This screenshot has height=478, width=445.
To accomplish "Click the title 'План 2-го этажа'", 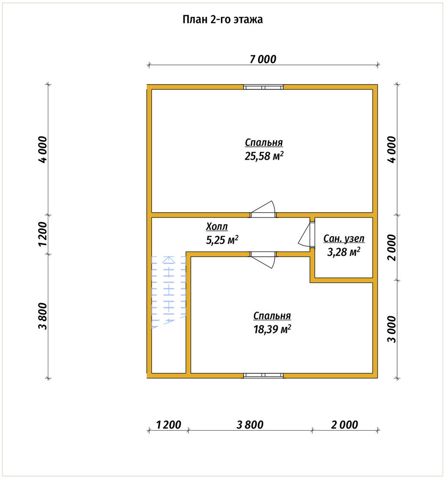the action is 223,20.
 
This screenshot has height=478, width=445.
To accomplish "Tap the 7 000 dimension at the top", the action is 263,59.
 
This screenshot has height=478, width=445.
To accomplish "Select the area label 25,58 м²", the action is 264,156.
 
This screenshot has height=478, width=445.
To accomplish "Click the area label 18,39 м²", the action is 272,329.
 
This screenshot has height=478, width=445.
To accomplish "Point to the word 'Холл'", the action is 217,227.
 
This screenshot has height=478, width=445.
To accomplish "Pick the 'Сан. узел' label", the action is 344,239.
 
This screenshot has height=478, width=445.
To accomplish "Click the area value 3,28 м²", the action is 344,252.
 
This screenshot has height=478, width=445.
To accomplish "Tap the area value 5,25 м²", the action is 222,240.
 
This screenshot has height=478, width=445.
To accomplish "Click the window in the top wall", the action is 263,87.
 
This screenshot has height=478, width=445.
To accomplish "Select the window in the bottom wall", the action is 263,376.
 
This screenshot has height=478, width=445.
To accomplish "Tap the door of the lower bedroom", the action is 263,260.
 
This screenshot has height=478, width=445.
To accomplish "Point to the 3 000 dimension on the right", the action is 392,329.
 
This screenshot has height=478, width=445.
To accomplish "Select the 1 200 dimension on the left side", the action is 43,234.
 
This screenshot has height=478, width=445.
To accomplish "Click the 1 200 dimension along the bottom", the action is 169,424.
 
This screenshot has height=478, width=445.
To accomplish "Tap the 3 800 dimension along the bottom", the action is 250,424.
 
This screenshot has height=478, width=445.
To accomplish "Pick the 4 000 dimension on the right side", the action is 392,149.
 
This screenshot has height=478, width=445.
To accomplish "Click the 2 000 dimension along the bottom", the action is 345,424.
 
